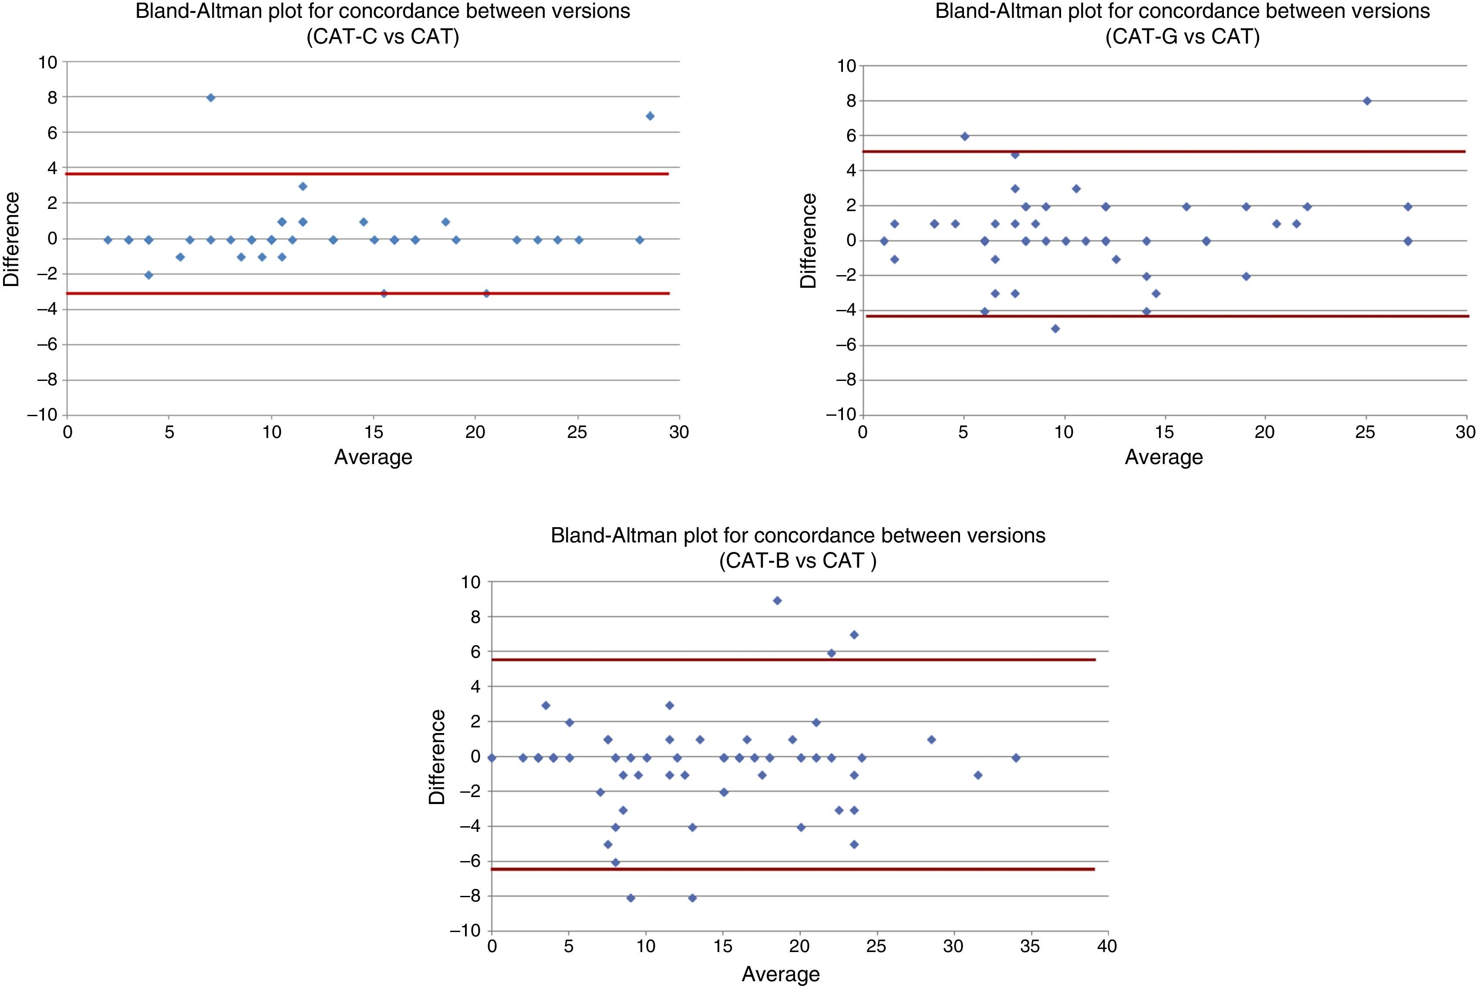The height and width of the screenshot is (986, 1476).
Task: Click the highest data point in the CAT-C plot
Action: coord(211,98)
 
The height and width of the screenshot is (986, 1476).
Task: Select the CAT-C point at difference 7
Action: coord(650,116)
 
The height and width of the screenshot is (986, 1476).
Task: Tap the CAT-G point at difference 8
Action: coord(1367,101)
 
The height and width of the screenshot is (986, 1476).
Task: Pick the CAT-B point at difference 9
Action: coord(777,601)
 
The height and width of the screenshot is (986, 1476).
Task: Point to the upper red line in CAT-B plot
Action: coord(792,660)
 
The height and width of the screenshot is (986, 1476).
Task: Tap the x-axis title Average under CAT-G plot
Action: coord(1163,457)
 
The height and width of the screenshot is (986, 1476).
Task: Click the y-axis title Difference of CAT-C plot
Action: coord(11,239)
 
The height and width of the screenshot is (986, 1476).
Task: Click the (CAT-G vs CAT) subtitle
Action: coord(1182,37)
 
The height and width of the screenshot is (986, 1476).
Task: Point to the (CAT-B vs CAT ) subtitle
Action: coord(797,560)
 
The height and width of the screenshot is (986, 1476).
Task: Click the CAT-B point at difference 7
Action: coord(854,635)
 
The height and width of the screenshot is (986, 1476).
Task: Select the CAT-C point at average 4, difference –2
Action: coord(148,275)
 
